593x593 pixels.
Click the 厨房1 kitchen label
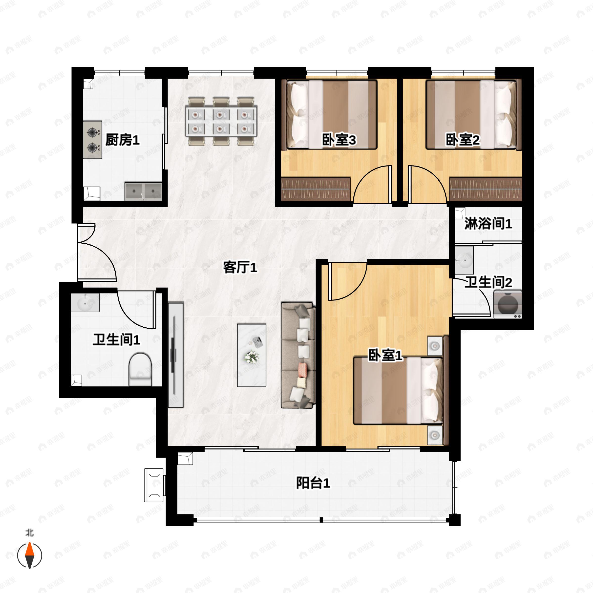click(x=122, y=140)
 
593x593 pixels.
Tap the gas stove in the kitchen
click(x=92, y=140)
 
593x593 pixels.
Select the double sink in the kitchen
click(x=143, y=191)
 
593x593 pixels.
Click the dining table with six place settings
click(x=221, y=121)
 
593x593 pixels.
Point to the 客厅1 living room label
click(x=240, y=267)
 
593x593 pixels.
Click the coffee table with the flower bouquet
click(x=251, y=355)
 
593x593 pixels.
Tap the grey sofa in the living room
click(x=298, y=355)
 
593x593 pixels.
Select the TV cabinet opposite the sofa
click(x=176, y=355)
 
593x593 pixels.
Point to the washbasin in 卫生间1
click(x=85, y=303)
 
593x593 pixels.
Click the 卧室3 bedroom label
click(x=339, y=140)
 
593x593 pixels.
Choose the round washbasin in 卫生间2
click(x=464, y=261)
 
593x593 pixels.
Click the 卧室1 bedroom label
click(x=385, y=356)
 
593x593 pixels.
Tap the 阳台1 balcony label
click(x=313, y=483)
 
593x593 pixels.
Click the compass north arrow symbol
click(x=29, y=555)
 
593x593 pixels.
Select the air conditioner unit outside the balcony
click(x=154, y=485)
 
